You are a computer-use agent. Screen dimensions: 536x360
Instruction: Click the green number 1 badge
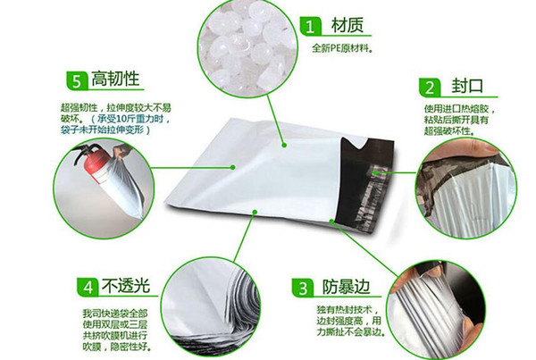tap(310, 26)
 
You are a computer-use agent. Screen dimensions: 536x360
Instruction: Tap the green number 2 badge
tap(430, 88)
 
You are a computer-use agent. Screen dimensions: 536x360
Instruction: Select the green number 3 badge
tap(303, 288)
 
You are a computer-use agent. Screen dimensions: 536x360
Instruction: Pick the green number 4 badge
tap(88, 287)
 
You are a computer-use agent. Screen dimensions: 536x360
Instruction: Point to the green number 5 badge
tap(77, 81)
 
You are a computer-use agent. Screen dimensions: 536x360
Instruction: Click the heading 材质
tap(347, 26)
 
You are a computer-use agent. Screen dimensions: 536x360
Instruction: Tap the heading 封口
tap(466, 86)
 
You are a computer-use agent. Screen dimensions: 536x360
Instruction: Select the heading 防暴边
tap(346, 287)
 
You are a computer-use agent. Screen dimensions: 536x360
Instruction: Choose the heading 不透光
tap(126, 286)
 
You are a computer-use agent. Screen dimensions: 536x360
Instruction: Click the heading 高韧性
tap(115, 79)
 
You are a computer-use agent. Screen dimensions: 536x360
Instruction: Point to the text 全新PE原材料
tap(341, 48)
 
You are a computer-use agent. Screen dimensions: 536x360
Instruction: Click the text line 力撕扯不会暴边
tap(351, 332)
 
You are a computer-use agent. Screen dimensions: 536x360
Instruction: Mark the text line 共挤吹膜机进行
tap(115, 335)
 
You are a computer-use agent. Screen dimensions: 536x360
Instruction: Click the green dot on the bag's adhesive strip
tap(375, 172)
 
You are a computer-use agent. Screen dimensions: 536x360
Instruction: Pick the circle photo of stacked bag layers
tap(211, 307)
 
